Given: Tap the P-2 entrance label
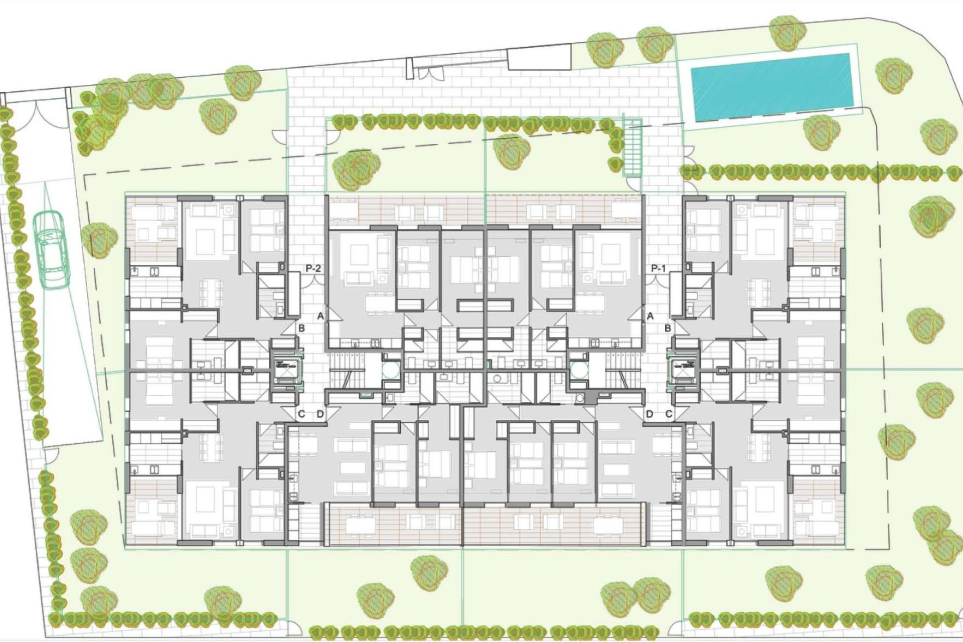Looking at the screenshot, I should [x=313, y=269].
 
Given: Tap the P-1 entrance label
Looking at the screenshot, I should [x=658, y=269].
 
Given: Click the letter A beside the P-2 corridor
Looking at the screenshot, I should [x=320, y=316].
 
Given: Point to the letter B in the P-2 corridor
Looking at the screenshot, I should [x=301, y=329].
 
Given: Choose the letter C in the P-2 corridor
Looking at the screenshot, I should [x=301, y=414].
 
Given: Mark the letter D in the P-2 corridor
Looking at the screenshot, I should [x=320, y=414].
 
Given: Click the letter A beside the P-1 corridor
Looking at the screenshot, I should [x=650, y=316].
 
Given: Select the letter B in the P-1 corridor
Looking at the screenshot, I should [x=668, y=329].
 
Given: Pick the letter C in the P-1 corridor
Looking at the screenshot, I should [x=669, y=414].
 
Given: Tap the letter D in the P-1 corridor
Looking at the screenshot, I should [x=650, y=414].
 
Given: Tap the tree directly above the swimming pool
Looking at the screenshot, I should [x=787, y=33].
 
